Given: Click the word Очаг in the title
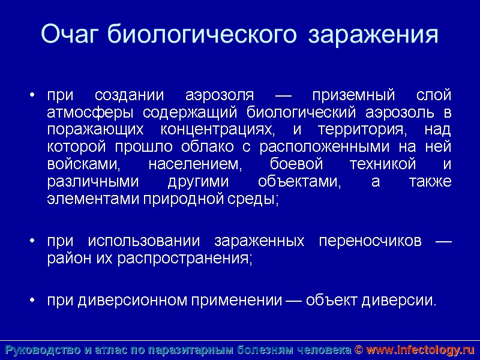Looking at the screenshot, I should tap(70, 34).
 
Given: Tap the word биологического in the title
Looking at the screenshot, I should tap(202, 35).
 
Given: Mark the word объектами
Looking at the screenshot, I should tap(298, 182).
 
